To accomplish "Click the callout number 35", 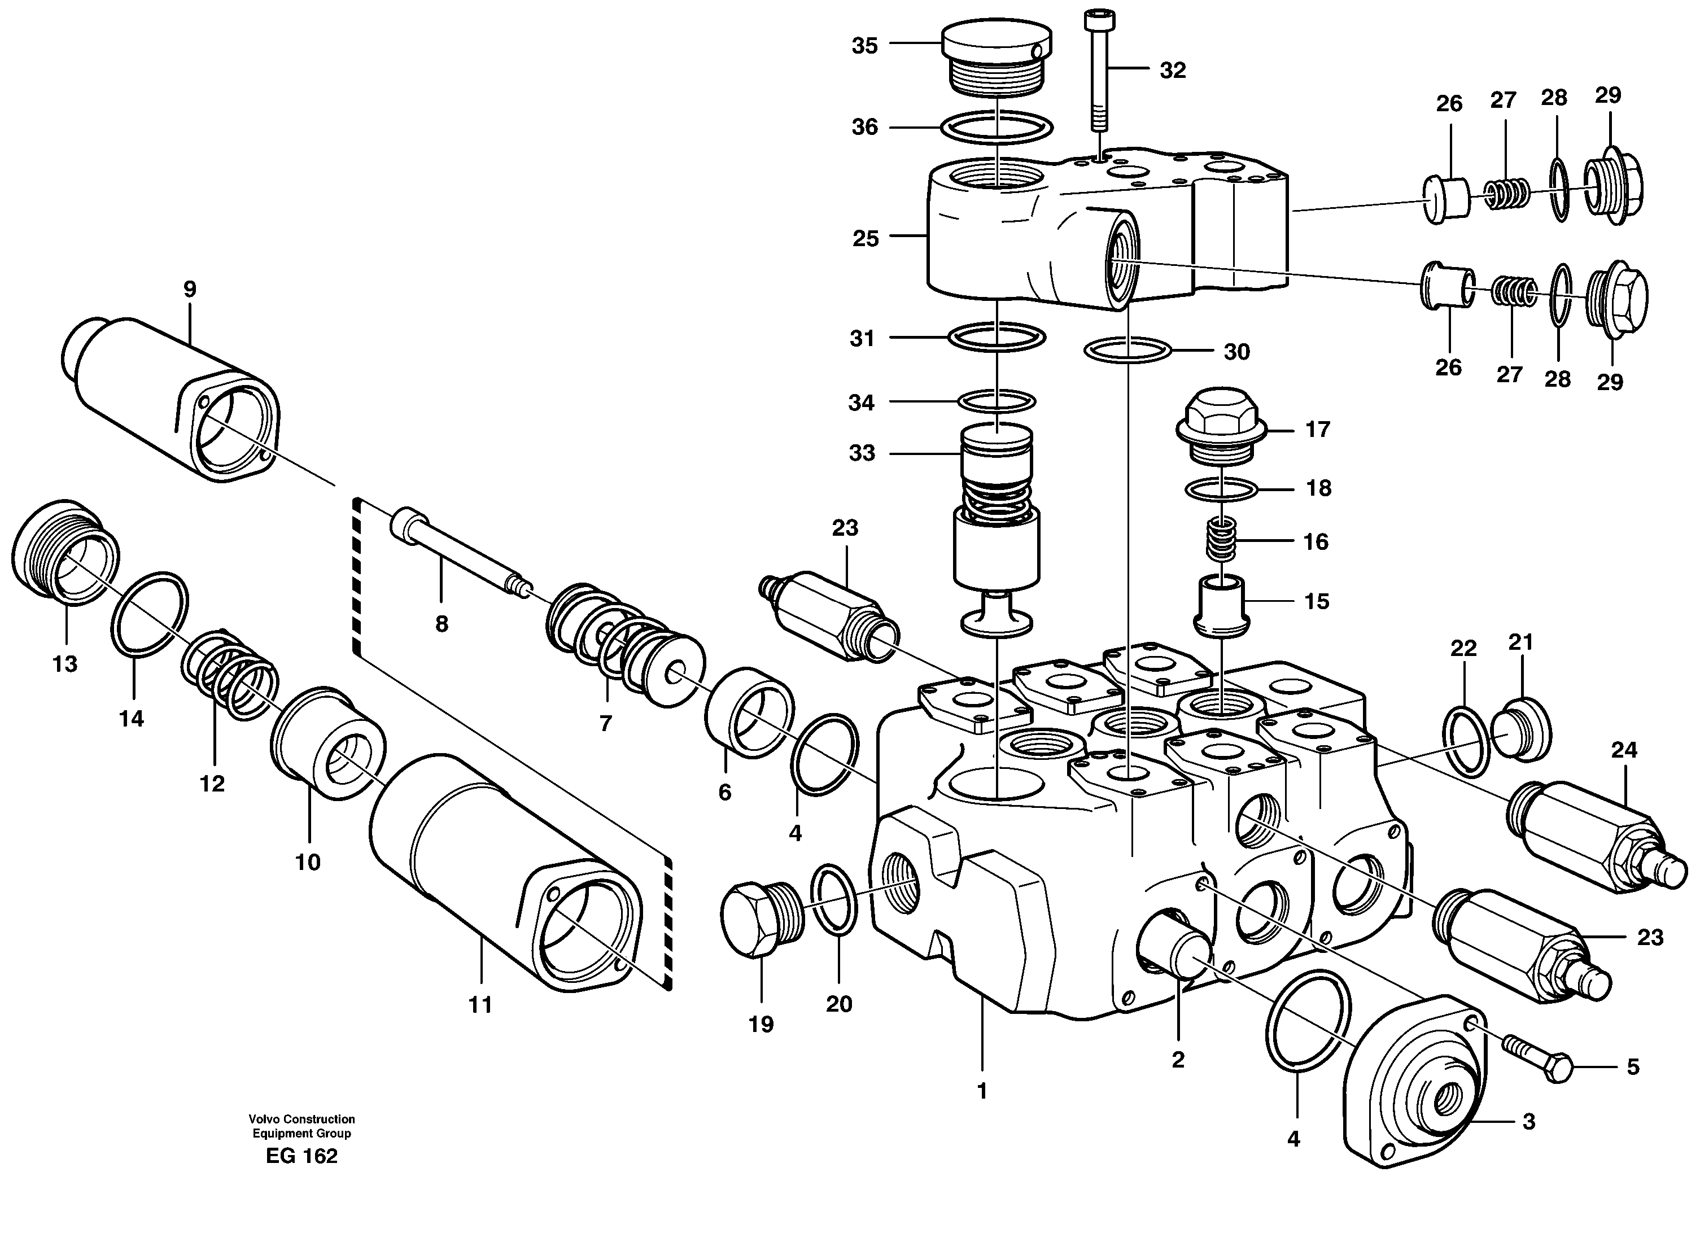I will (864, 46).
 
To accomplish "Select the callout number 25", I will (866, 239).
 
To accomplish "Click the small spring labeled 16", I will (1221, 541).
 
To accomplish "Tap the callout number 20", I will (839, 1004).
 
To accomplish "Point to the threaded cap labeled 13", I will (63, 553).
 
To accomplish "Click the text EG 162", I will (301, 1156).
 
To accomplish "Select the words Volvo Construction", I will (302, 1119).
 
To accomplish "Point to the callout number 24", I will (1624, 750).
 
